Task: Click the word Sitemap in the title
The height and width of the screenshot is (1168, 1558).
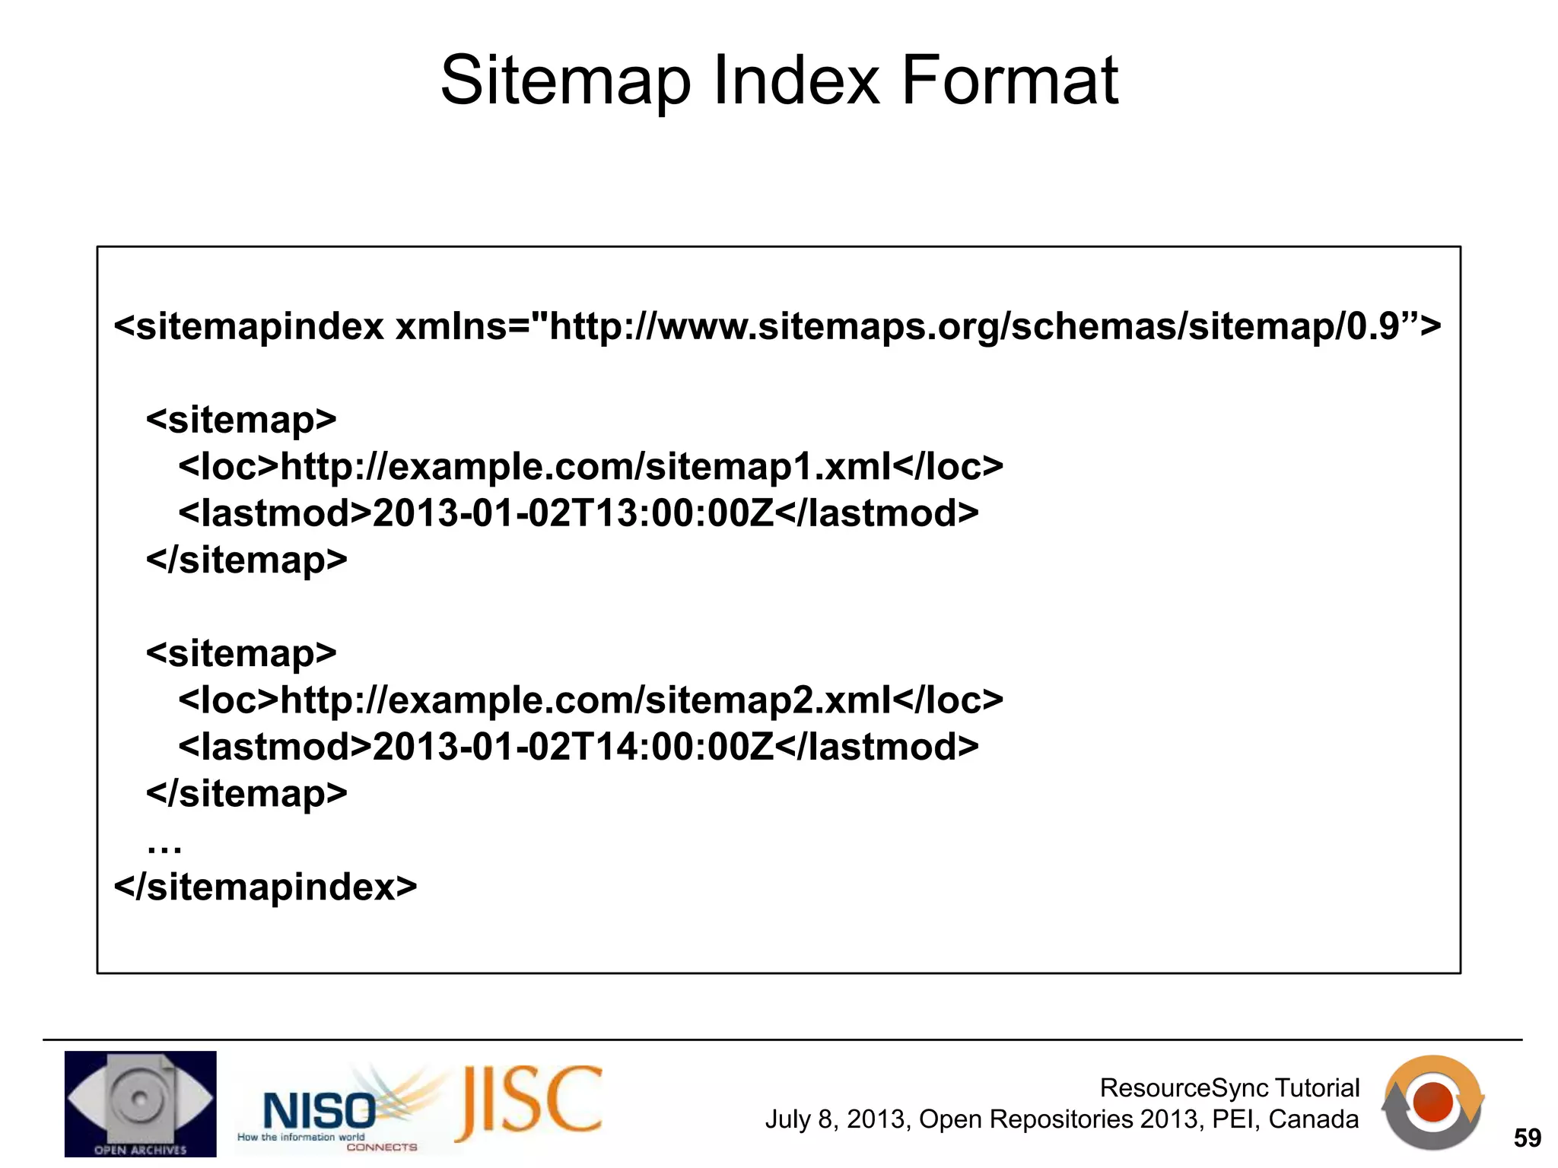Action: (x=565, y=81)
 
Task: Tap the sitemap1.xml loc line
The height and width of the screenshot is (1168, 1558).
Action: (x=590, y=466)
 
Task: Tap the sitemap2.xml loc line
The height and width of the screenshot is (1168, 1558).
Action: (x=590, y=700)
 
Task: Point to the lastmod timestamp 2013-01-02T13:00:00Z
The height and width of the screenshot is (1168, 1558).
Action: (x=573, y=513)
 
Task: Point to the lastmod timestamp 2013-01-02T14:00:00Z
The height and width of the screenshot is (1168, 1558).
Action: (x=573, y=747)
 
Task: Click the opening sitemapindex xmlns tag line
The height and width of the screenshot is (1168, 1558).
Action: (x=777, y=326)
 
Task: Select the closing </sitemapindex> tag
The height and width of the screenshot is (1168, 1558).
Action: (x=265, y=887)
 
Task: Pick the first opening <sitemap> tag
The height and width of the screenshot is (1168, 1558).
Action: (x=241, y=420)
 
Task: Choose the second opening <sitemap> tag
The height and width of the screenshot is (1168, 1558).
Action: (x=241, y=653)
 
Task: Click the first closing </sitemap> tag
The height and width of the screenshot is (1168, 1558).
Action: (x=246, y=560)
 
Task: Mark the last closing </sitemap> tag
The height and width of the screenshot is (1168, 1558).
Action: (x=246, y=794)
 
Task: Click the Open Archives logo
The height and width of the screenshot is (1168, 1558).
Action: (x=140, y=1103)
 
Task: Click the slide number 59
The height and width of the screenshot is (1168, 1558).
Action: (x=1527, y=1138)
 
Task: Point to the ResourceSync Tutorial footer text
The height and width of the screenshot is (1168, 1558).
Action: (x=1229, y=1087)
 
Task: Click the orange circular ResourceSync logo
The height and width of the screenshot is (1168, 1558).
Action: (x=1433, y=1102)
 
